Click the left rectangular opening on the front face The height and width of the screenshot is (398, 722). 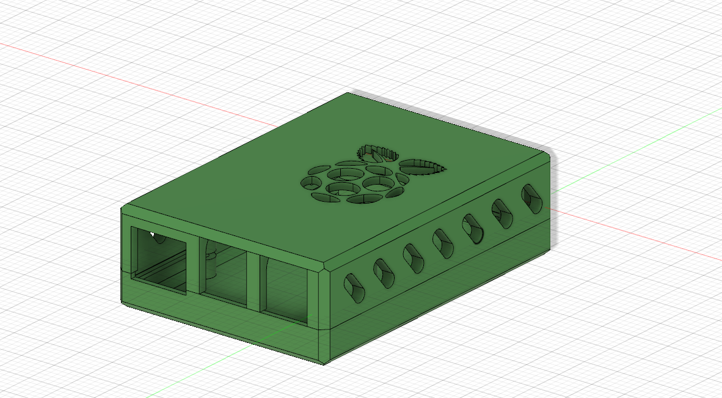pyautogui.click(x=159, y=260)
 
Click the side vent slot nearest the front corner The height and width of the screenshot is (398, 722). pyautogui.click(x=354, y=288)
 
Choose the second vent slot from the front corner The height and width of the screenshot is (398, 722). pyautogui.click(x=384, y=273)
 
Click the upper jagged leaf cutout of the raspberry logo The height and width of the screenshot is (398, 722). pyautogui.click(x=374, y=153)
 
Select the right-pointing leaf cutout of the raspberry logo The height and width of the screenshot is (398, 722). pyautogui.click(x=422, y=166)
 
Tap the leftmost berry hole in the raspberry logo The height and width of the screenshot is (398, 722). pyautogui.click(x=311, y=182)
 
